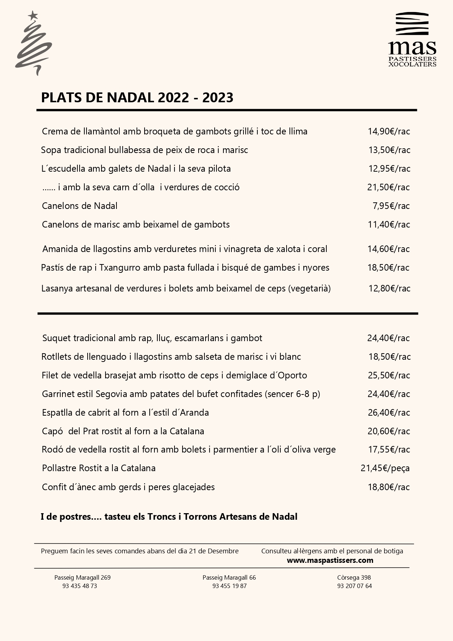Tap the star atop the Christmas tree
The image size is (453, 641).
pyautogui.click(x=33, y=15)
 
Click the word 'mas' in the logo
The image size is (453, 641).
pyautogui.click(x=412, y=48)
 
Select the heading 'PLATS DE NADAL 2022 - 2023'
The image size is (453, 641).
pyautogui.click(x=137, y=98)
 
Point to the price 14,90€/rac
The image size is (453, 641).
pyautogui.click(x=389, y=131)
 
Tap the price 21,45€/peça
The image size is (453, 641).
pyautogui.click(x=385, y=468)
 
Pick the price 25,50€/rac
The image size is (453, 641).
pyautogui.click(x=389, y=375)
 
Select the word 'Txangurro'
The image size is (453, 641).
pyautogui.click(x=120, y=268)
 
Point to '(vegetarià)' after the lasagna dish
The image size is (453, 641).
pyautogui.click(x=310, y=289)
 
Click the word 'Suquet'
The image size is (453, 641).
pyautogui.click(x=57, y=338)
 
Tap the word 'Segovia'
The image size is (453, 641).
pyautogui.click(x=111, y=394)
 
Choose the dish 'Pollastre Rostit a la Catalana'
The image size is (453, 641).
pyautogui.click(x=99, y=468)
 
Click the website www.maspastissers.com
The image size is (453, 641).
pyautogui.click(x=330, y=560)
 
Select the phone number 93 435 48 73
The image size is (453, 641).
pyautogui.click(x=80, y=586)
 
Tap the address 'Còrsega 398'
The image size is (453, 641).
pyautogui.click(x=354, y=577)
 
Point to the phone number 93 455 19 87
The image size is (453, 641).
pyautogui.click(x=230, y=586)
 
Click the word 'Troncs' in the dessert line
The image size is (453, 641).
pyautogui.click(x=162, y=517)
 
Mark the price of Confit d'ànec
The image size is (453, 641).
pyautogui.click(x=389, y=487)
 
